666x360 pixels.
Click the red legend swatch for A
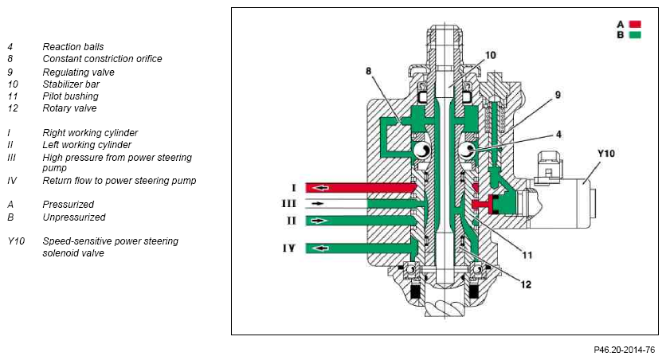pyautogui.click(x=635, y=24)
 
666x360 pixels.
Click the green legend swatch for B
pyautogui.click(x=635, y=35)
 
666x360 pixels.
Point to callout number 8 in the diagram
pyautogui.click(x=369, y=72)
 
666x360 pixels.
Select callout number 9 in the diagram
pyautogui.click(x=558, y=95)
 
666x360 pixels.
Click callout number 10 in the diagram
pyautogui.click(x=490, y=55)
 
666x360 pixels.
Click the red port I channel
pyautogui.click(x=358, y=187)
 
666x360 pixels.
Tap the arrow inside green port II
pyautogui.click(x=319, y=219)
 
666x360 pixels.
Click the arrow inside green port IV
pyautogui.click(x=319, y=248)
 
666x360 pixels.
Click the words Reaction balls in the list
pyautogui.click(x=72, y=47)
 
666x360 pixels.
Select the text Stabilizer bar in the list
pyautogui.click(x=69, y=84)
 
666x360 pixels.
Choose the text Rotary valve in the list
pyautogui.click(x=69, y=108)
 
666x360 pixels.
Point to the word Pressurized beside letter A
pyautogui.click(x=68, y=205)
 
